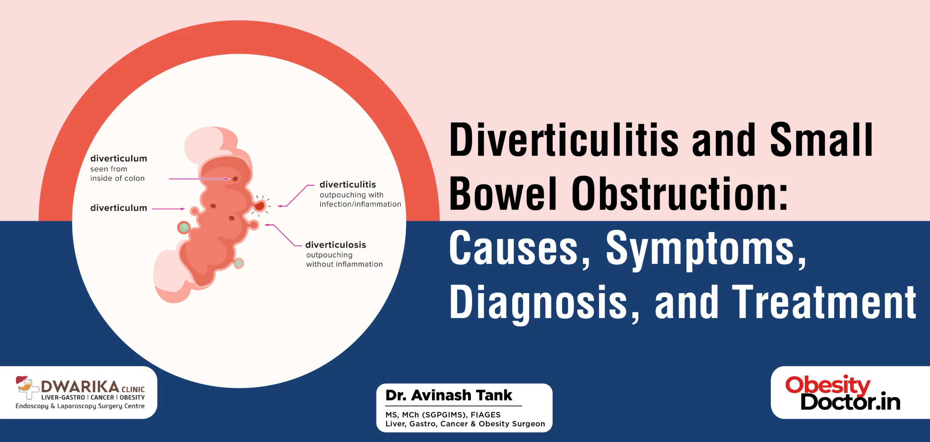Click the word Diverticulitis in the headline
564,140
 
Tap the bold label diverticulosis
336,245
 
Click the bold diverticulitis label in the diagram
348,184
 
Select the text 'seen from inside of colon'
117,173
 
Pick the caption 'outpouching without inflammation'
344,260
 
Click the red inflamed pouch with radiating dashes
259,206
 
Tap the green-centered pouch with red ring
184,228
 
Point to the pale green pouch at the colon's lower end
238,263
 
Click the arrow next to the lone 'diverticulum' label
168,209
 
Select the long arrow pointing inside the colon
199,179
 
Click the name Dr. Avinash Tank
449,395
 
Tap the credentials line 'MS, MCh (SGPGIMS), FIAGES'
443,415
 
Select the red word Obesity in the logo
828,385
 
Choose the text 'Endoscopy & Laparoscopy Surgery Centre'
80,406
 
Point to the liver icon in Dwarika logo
22,380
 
